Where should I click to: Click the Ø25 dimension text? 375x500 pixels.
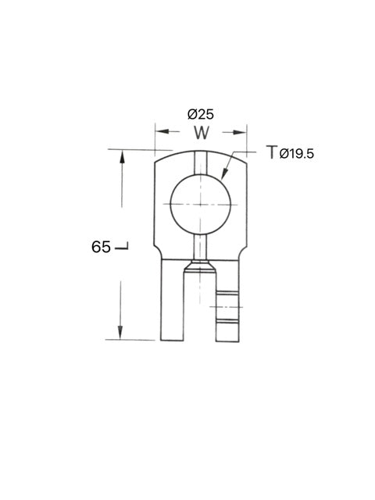202,113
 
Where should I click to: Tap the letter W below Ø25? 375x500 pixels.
202,133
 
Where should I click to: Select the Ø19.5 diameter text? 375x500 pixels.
297,154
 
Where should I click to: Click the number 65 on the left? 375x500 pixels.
101,247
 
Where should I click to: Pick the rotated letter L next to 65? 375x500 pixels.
122,248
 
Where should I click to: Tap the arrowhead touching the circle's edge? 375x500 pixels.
224,177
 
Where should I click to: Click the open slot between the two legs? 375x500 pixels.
199,312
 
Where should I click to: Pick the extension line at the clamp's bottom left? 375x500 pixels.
133,340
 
